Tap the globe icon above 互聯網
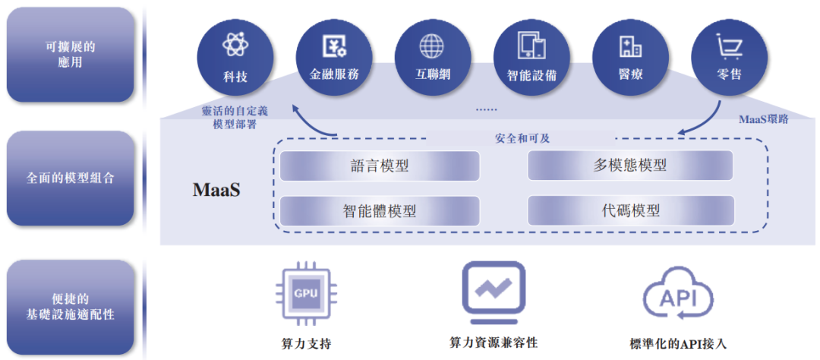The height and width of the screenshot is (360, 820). [432, 46]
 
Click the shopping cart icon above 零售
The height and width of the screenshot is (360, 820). [729, 46]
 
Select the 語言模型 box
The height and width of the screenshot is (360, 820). [380, 166]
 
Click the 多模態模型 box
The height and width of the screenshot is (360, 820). [630, 166]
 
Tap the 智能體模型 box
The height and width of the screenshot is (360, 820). [380, 210]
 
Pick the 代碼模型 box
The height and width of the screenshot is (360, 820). [630, 210]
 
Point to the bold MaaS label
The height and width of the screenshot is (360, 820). [216, 189]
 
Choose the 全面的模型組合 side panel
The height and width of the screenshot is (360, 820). [70, 178]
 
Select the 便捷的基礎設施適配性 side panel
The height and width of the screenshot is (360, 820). [70, 306]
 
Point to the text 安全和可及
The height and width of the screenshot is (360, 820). [522, 139]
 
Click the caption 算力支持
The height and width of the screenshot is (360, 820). [305, 343]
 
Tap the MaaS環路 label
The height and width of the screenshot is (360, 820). [764, 119]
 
